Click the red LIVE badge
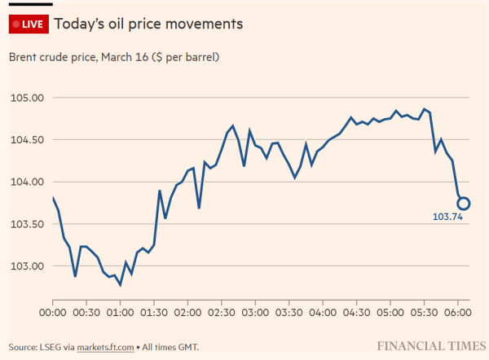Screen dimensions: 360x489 tap(27, 24)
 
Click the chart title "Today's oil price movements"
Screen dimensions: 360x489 tap(148, 24)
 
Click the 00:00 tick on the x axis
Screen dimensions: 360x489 tap(53, 311)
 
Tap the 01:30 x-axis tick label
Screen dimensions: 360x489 tap(154, 311)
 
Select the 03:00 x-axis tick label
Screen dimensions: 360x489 tap(255, 311)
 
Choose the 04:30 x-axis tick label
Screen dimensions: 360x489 tap(356, 311)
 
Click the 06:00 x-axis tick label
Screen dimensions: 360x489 tap(457, 311)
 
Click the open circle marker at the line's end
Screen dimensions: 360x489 tap(463, 204)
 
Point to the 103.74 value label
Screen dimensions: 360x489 tap(447, 217)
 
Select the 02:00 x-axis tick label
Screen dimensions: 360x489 tap(187, 311)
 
